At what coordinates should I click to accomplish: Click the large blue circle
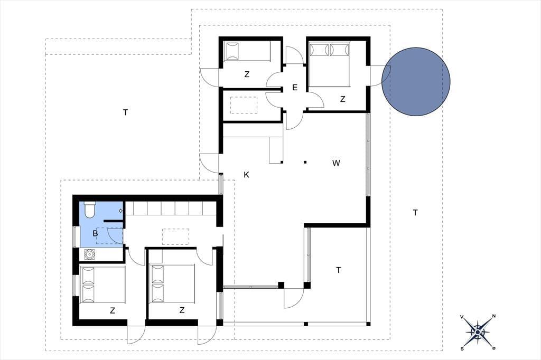(416, 82)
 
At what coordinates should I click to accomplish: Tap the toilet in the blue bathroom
(90, 210)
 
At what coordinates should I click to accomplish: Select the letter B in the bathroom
(95, 233)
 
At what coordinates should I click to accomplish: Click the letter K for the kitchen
(246, 175)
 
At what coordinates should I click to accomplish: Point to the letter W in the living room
(336, 163)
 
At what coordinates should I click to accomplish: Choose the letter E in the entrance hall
(295, 88)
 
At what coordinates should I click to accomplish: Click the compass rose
(478, 331)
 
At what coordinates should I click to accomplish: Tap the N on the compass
(494, 316)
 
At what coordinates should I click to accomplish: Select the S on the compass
(462, 348)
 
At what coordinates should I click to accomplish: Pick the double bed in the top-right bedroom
(330, 64)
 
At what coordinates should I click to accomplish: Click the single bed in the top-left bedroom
(247, 52)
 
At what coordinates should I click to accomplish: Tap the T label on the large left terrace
(126, 112)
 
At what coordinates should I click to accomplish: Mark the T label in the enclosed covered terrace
(339, 270)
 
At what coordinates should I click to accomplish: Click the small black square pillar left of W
(305, 162)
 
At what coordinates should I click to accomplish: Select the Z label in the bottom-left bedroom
(113, 311)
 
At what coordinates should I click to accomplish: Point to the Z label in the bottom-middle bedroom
(182, 310)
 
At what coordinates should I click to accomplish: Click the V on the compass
(462, 316)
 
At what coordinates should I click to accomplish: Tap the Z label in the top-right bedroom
(342, 99)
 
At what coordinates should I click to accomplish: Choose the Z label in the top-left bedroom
(247, 74)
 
